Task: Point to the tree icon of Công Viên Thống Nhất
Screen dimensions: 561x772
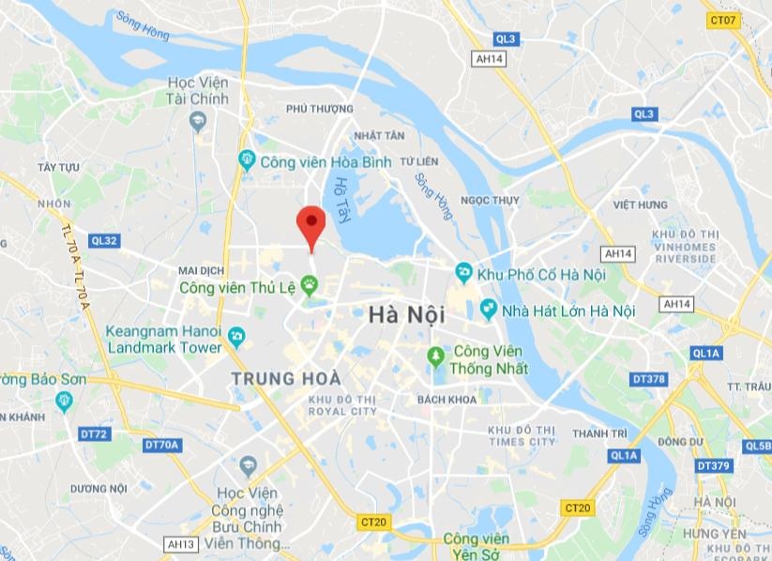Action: [x=435, y=356]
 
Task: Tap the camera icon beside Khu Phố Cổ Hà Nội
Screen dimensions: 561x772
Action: [x=463, y=274]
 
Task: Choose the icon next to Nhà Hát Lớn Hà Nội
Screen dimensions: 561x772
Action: [x=488, y=310]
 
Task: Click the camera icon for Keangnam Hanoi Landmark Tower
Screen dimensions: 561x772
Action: [x=237, y=335]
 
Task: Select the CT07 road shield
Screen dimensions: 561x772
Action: [x=723, y=19]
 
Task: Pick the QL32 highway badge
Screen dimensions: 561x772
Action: [x=104, y=241]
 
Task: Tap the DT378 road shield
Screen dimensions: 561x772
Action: [x=648, y=379]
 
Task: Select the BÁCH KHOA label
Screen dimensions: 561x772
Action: [x=447, y=400]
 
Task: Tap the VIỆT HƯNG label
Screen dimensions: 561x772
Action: [x=640, y=205]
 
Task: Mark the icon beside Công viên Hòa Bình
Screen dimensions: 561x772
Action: [x=246, y=160]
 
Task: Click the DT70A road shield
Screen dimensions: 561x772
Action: [x=162, y=445]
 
